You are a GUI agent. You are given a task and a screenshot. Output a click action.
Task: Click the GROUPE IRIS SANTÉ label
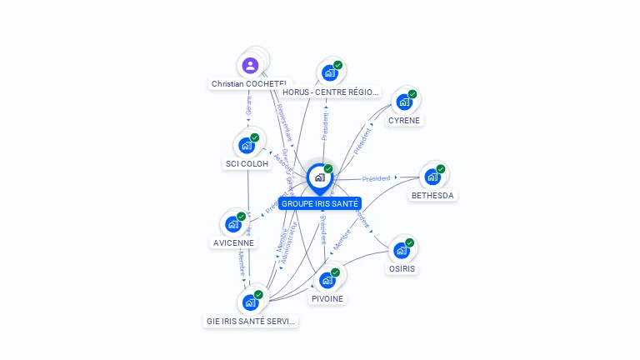(x=320, y=203)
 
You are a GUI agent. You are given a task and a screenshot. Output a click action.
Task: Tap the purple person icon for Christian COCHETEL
(x=250, y=65)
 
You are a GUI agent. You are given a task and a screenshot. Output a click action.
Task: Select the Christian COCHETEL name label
(x=249, y=84)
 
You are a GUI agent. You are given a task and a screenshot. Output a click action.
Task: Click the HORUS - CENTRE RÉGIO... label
(x=331, y=92)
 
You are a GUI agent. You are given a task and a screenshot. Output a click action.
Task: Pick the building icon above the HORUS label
(x=330, y=73)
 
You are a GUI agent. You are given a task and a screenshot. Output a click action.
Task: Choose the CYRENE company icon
(x=404, y=102)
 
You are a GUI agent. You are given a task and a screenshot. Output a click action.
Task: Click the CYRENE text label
(x=404, y=121)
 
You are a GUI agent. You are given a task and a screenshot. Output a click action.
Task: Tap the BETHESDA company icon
(x=432, y=177)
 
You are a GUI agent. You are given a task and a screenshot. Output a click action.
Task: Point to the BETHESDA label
(x=433, y=196)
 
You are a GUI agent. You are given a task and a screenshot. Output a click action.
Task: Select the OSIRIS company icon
(x=402, y=250)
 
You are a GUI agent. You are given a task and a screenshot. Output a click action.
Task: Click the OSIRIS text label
(x=402, y=269)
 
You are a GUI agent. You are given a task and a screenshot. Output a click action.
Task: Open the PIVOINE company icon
(x=327, y=280)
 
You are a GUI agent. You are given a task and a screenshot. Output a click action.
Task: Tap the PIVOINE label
(x=327, y=299)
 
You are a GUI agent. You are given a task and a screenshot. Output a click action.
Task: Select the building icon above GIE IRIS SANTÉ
(x=250, y=302)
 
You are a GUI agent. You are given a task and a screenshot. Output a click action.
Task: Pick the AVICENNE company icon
(x=233, y=224)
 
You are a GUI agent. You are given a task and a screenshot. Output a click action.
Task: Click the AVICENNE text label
(x=233, y=243)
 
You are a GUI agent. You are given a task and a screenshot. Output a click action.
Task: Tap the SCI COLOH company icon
(x=247, y=145)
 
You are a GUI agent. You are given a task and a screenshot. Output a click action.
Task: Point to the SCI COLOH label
(x=247, y=164)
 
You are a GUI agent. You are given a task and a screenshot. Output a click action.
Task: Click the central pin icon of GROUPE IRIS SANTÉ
(x=319, y=177)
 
